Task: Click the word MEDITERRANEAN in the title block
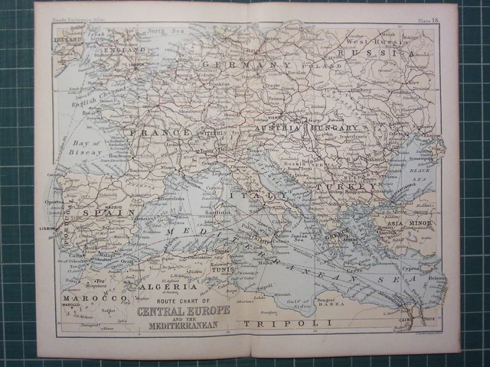click(x=183, y=325)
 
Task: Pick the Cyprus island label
click(x=412, y=270)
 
